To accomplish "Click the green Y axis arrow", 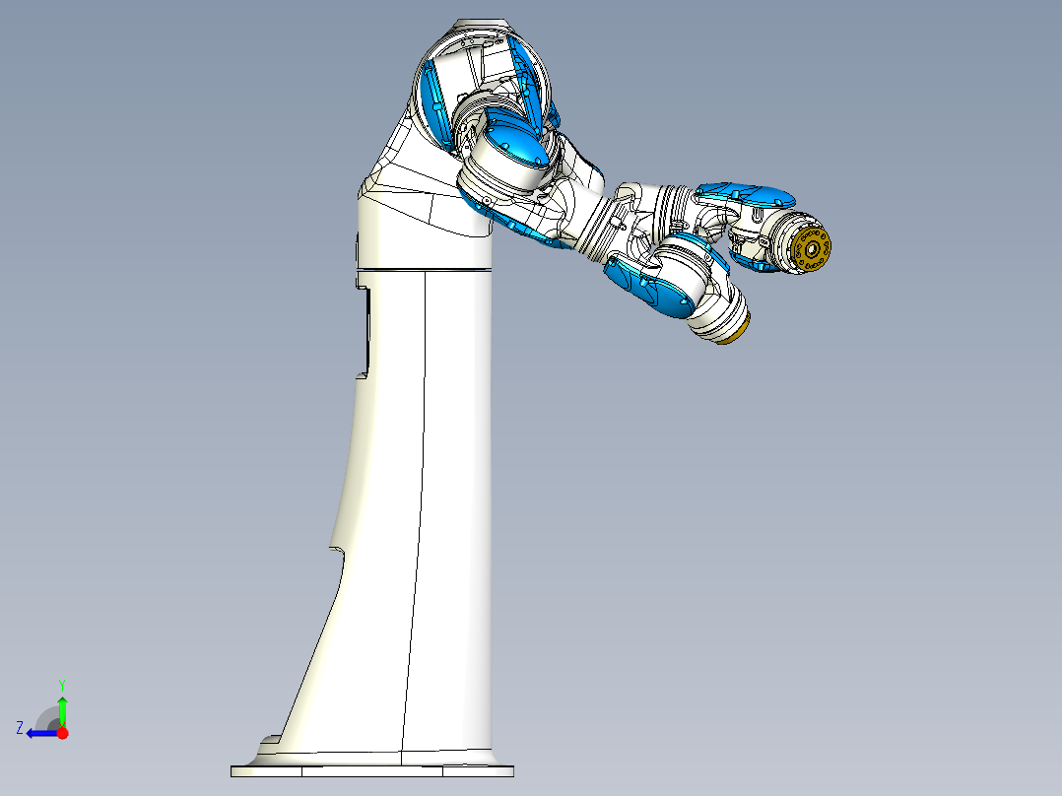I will click(x=62, y=708).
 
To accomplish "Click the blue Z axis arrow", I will click(x=39, y=733).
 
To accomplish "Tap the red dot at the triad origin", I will click(x=62, y=733).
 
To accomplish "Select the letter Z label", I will click(x=20, y=728).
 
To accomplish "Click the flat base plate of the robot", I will click(x=372, y=770).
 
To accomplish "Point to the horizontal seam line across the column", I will click(x=424, y=268).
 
